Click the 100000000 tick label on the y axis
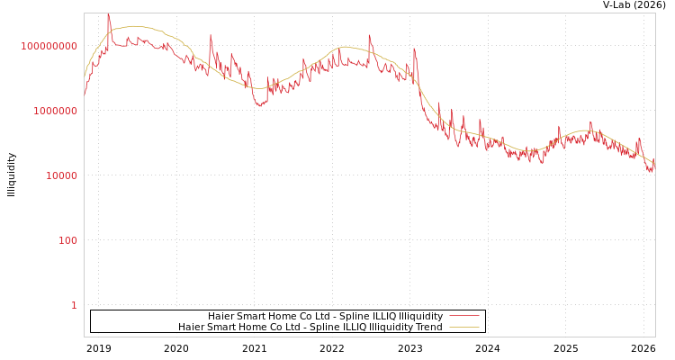pyautogui.click(x=49, y=46)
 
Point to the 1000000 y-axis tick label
pyautogui.click(x=55, y=111)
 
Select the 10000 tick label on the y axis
pyautogui.click(x=61, y=175)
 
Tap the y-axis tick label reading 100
pyautogui.click(x=67, y=240)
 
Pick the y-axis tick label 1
pyautogui.click(x=74, y=305)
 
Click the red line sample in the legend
pyautogui.click(x=463, y=316)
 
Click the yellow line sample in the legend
pyautogui.click(x=463, y=328)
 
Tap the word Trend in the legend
pyautogui.click(x=427, y=328)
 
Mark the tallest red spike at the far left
pyautogui.click(x=108, y=14)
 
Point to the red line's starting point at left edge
pyautogui.click(x=85, y=94)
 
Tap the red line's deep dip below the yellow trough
pyautogui.click(x=260, y=106)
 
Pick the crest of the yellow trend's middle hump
pyautogui.click(x=344, y=47)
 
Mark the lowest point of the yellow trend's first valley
pyautogui.click(x=257, y=88)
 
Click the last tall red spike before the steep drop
pyautogui.click(x=414, y=49)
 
